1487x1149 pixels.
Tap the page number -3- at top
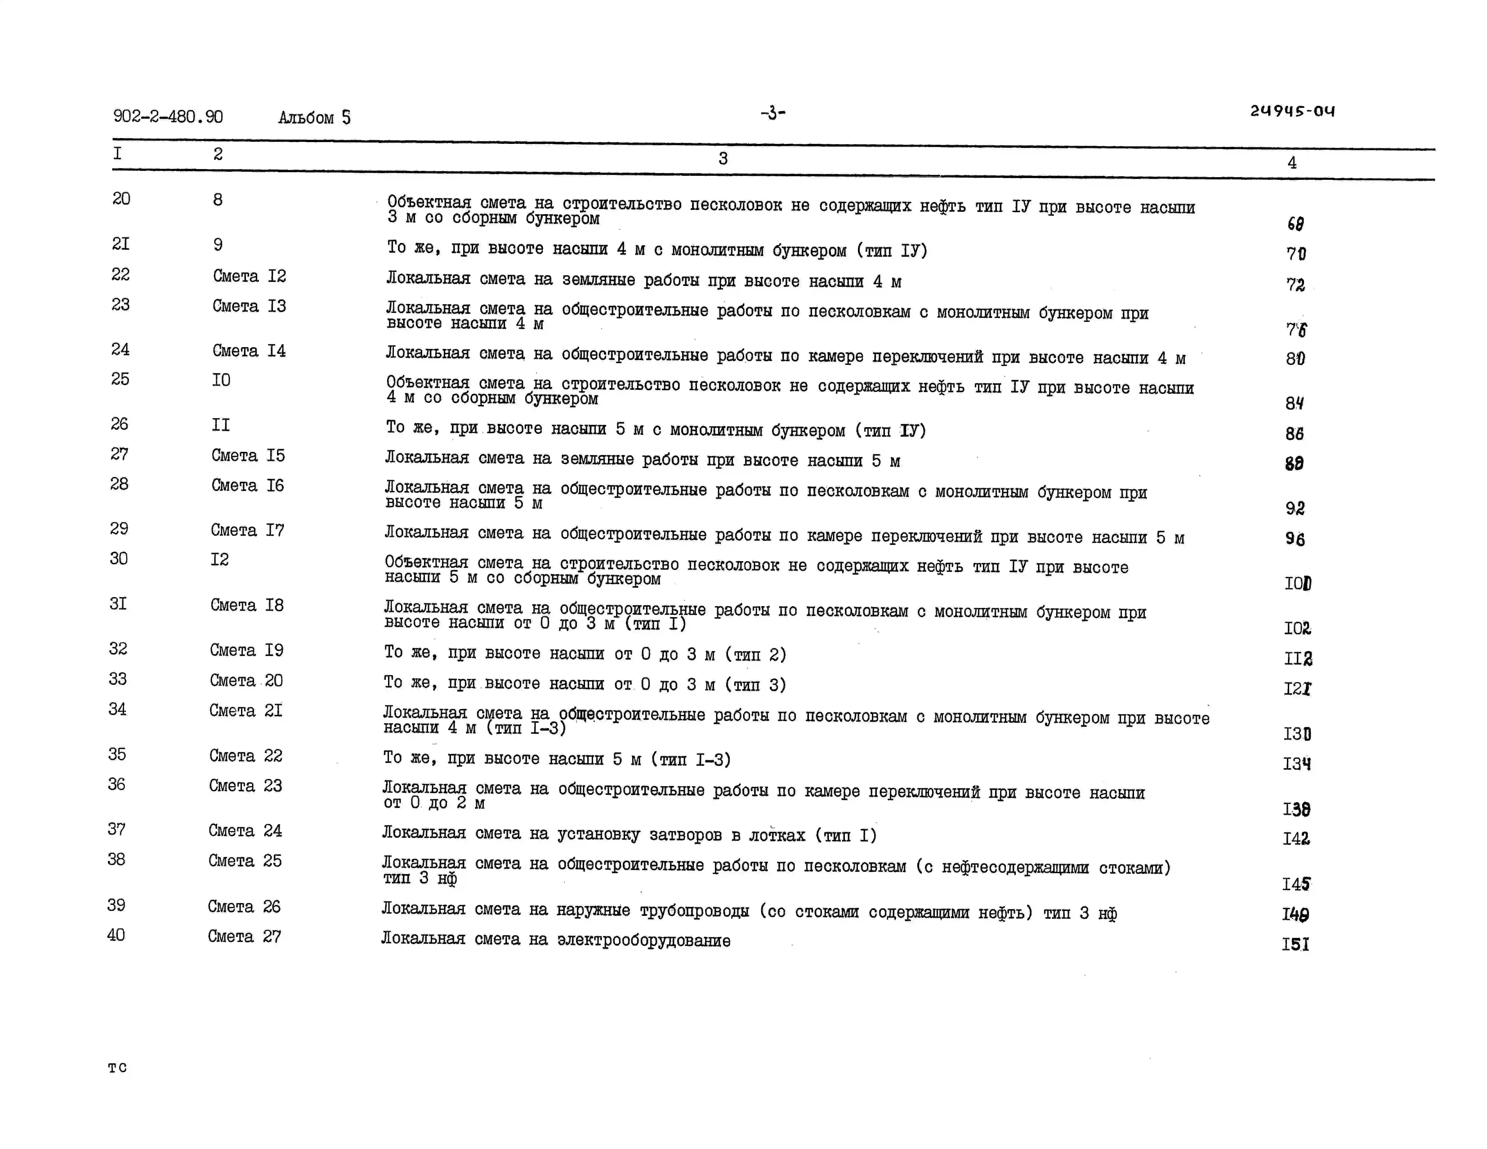tap(773, 113)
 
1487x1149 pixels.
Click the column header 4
tap(1292, 163)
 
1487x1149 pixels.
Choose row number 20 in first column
tap(121, 199)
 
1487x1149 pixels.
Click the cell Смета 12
tap(249, 276)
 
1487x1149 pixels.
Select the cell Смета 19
tap(246, 650)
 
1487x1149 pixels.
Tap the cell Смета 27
tap(244, 937)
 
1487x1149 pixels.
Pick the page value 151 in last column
tap(1296, 944)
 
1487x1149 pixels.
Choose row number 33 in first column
tap(118, 679)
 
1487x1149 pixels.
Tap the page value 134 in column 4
tap(1296, 764)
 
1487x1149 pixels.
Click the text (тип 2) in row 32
tap(756, 655)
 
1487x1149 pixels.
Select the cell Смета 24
tap(245, 830)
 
